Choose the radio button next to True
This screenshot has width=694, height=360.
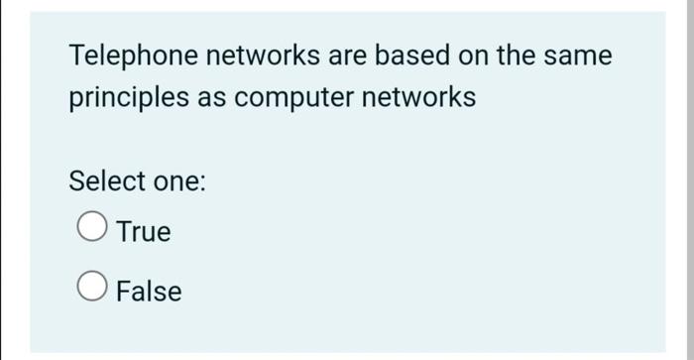[x=91, y=229]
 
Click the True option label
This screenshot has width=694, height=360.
[x=144, y=232]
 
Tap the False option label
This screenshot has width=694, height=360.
[x=149, y=292]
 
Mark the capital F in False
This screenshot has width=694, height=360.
[x=123, y=292]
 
